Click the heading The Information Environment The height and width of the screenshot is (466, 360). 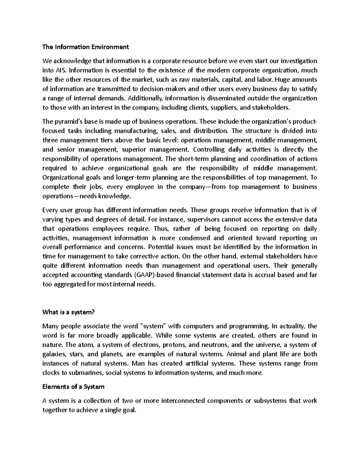click(85, 47)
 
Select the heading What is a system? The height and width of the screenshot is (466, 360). click(68, 312)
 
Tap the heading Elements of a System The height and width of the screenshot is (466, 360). click(73, 387)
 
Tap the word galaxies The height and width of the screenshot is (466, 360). click(52, 354)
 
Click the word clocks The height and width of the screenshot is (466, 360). click(50, 373)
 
